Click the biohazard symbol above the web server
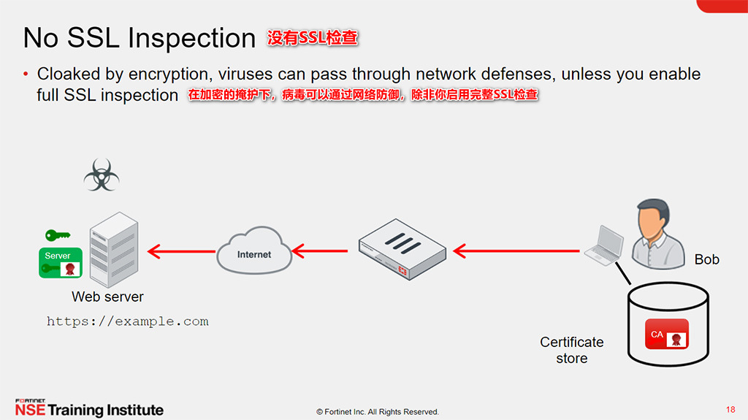(102, 175)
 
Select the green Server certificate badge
(61, 262)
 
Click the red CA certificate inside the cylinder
(667, 334)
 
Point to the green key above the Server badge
(58, 234)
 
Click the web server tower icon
(114, 249)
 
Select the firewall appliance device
(402, 249)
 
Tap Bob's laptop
(604, 245)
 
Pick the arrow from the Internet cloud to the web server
(182, 251)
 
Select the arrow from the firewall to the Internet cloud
(320, 251)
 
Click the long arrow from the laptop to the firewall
(516, 251)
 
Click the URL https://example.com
(127, 321)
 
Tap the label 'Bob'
(706, 259)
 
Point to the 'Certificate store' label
(571, 350)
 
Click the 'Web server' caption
(107, 297)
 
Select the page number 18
(730, 410)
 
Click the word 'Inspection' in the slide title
(192, 38)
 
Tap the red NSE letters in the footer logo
(30, 410)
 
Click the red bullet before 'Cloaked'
(26, 74)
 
